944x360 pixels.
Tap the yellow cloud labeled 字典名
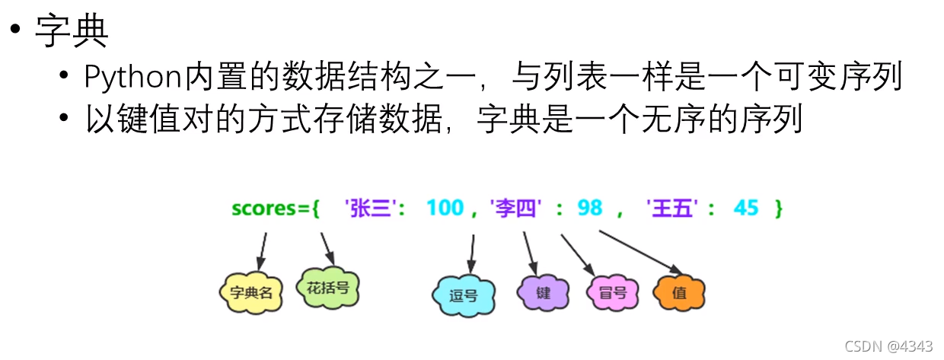250,292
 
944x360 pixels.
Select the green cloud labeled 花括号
327,288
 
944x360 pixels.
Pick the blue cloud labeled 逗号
463,295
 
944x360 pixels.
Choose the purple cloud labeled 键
543,292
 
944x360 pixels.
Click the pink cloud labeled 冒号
612,292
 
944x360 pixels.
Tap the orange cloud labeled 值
679,292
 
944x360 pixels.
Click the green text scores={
275,208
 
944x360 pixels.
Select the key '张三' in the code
373,208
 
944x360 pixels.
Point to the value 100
445,207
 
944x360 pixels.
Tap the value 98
589,207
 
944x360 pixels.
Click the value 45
746,207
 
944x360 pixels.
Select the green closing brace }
778,208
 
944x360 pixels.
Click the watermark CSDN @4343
888,346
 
